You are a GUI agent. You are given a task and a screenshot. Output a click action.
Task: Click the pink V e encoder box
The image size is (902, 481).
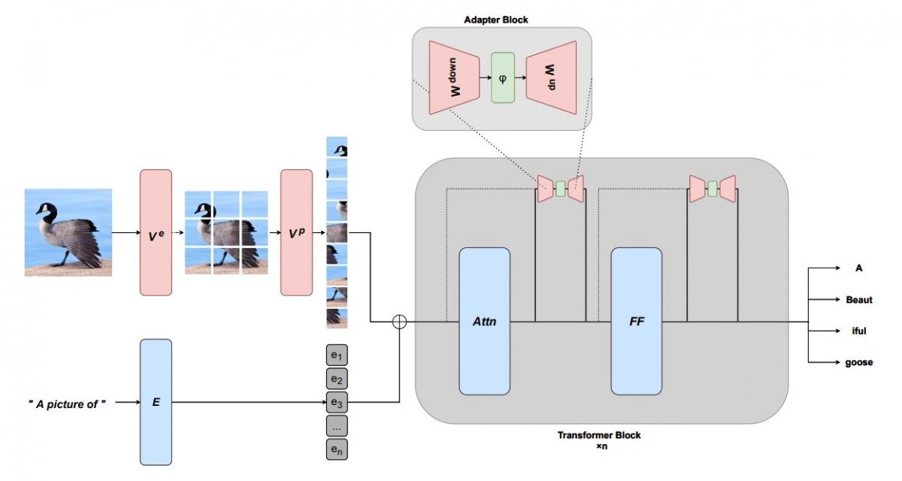click(156, 232)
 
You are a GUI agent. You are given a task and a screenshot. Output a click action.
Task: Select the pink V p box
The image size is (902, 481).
click(296, 232)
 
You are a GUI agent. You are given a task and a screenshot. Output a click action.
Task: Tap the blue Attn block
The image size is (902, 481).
click(484, 321)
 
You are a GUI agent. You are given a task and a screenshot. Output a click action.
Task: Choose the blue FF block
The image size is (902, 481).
click(636, 321)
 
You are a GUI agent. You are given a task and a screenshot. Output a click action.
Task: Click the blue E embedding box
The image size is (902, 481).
click(156, 401)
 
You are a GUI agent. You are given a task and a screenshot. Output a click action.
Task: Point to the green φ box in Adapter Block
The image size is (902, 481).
click(503, 77)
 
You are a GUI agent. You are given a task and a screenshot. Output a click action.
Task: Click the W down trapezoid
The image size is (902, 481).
click(454, 77)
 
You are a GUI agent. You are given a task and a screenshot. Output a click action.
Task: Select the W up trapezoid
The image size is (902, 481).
click(551, 77)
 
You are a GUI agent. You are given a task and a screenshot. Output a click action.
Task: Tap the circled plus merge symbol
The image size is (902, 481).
click(399, 322)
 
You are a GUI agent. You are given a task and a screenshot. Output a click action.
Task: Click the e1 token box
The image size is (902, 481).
click(337, 355)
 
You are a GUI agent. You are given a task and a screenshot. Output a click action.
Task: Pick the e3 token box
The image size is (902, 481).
click(337, 402)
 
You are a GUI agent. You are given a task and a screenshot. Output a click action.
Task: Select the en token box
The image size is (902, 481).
click(337, 449)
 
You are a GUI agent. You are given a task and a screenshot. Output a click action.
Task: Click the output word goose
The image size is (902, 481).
click(859, 362)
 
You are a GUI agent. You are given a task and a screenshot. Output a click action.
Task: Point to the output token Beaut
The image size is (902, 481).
click(859, 300)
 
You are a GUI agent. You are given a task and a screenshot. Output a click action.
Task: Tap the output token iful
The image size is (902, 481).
click(859, 331)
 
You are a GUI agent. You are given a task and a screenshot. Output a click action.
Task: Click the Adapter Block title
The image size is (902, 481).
click(495, 20)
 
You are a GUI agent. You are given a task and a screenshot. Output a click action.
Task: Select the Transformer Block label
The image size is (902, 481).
click(599, 435)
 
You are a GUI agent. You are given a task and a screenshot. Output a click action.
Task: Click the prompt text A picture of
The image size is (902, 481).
click(67, 404)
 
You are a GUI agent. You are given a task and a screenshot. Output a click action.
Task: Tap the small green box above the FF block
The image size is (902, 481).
click(713, 189)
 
